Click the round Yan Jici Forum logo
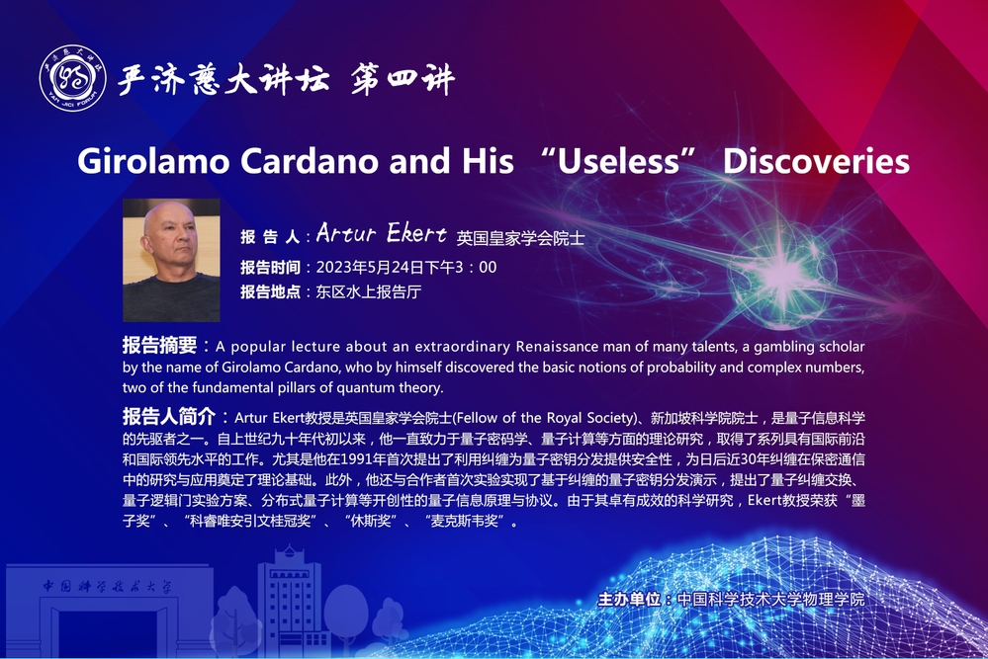point(72,78)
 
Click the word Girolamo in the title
point(153,162)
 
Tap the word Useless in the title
point(618,161)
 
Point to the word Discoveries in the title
point(816,161)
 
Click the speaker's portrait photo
point(171,261)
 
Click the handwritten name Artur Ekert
point(381,233)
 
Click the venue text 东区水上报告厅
point(369,292)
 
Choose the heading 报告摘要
point(159,345)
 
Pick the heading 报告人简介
point(169,416)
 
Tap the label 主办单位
point(629,599)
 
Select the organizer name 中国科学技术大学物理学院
point(770,599)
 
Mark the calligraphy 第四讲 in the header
point(402,80)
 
